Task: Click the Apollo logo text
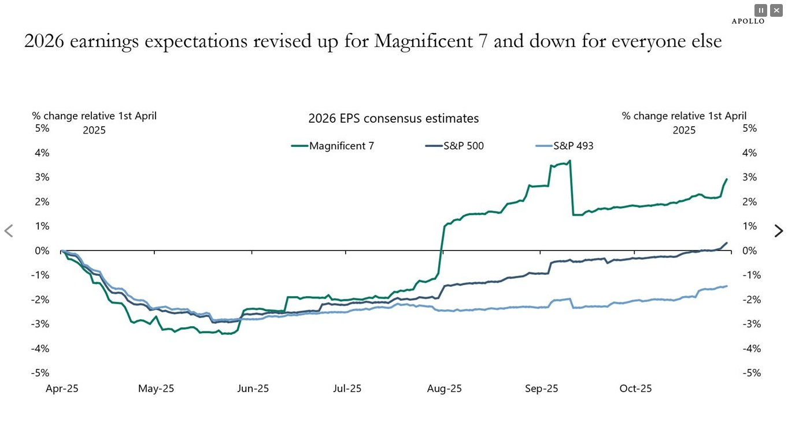pyautogui.click(x=748, y=21)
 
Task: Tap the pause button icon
pyautogui.click(x=761, y=10)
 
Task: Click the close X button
pyautogui.click(x=776, y=10)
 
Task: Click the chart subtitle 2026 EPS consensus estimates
pyautogui.click(x=393, y=119)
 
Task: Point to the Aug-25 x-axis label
pyautogui.click(x=445, y=389)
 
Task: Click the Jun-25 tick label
pyautogui.click(x=253, y=389)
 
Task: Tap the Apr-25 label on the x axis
pyautogui.click(x=62, y=389)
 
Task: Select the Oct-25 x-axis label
pyautogui.click(x=635, y=389)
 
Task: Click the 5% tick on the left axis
pyautogui.click(x=42, y=128)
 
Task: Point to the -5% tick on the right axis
pyautogui.click(x=752, y=373)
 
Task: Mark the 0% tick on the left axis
pyautogui.click(x=42, y=250)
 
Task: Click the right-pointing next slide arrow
pyautogui.click(x=779, y=231)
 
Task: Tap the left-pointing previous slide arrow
pyautogui.click(x=9, y=231)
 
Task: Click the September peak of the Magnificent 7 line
pyautogui.click(x=569, y=161)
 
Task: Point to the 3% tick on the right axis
pyautogui.click(x=750, y=177)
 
